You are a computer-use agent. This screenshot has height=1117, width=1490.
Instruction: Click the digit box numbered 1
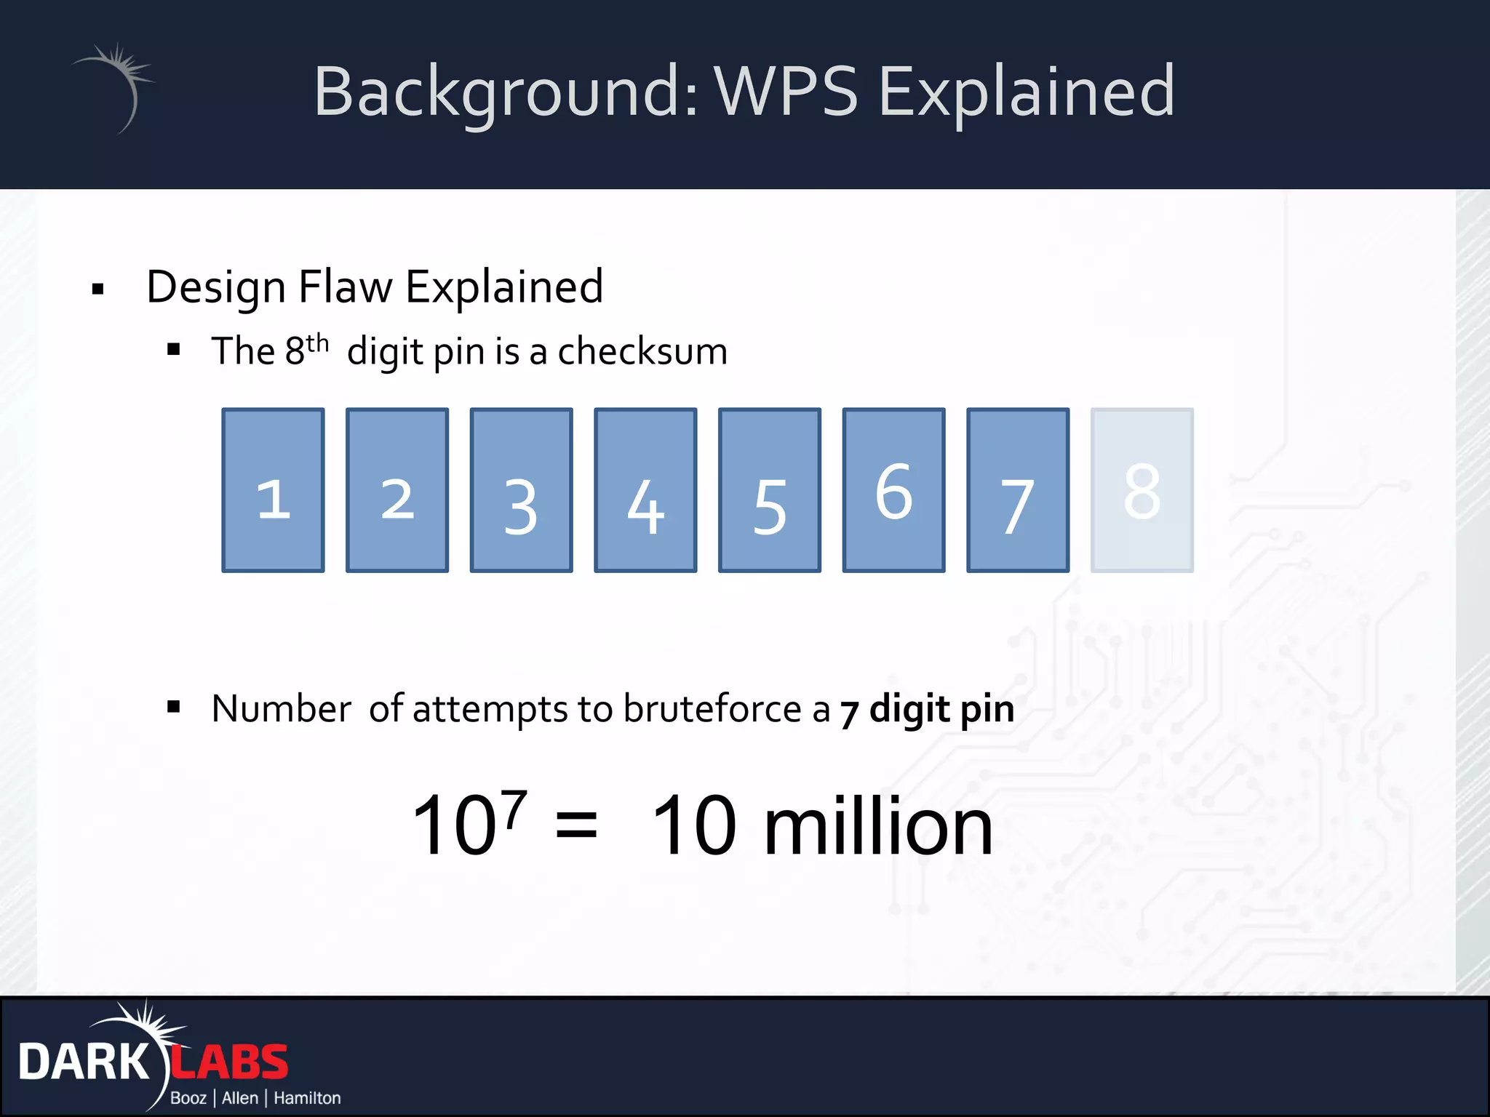tap(273, 490)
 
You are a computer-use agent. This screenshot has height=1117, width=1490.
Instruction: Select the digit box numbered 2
tap(397, 490)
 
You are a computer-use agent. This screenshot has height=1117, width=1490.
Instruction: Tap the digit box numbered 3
tap(521, 490)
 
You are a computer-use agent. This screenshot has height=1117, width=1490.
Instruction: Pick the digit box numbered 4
tap(645, 490)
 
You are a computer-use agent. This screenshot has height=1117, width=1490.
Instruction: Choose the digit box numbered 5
tap(770, 490)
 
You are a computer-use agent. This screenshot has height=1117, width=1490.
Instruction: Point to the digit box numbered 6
tap(893, 490)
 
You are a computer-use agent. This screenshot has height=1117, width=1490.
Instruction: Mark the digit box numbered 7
tap(1018, 490)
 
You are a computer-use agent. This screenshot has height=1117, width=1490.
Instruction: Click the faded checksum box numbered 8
tap(1142, 490)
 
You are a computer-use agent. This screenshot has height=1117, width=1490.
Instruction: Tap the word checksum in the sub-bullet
tap(642, 352)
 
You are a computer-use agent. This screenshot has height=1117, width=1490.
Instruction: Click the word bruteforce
tap(712, 708)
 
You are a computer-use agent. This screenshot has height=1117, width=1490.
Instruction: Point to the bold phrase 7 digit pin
tap(927, 710)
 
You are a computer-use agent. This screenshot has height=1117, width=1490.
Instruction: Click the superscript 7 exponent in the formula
tap(514, 809)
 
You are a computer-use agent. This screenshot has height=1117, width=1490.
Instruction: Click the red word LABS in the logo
tap(230, 1063)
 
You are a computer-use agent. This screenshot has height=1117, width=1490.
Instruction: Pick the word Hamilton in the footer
tap(307, 1098)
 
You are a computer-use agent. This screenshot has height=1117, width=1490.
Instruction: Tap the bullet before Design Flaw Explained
tap(98, 289)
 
